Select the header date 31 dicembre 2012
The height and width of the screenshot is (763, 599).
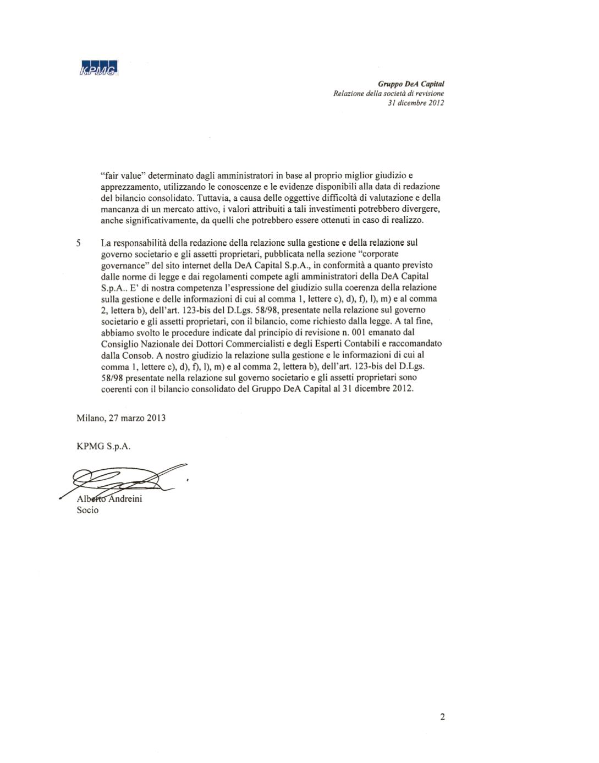416,103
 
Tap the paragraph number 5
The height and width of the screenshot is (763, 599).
79,243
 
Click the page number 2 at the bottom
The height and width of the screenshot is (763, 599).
442,716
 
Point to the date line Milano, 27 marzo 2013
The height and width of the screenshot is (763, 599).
121,418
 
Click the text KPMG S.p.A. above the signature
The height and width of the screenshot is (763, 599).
103,446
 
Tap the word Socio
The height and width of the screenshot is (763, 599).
87,510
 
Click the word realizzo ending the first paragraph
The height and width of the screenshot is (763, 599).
406,220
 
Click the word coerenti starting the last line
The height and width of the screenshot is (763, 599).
117,389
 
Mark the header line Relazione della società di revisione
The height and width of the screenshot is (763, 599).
388,94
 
